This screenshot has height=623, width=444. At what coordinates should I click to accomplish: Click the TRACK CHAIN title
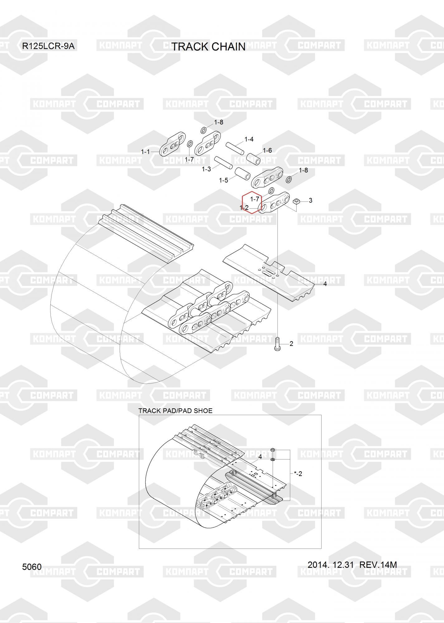coord(208,47)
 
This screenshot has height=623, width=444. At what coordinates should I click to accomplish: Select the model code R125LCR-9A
coord(48,46)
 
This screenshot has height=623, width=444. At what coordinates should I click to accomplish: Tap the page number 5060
coord(32,567)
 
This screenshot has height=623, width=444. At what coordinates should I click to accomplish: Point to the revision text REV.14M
coord(378,564)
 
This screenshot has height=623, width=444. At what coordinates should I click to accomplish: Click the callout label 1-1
coord(146,152)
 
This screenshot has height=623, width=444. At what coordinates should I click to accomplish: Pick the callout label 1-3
coord(206,169)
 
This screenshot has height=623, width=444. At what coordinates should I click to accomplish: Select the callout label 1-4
coord(249,139)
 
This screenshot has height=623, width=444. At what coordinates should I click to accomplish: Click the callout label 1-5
coord(223,180)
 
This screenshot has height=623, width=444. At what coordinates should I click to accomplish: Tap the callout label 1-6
coord(267,150)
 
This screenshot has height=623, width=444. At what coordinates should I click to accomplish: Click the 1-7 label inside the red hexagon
coord(255,199)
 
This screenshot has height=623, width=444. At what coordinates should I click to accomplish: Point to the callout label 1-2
coord(244,207)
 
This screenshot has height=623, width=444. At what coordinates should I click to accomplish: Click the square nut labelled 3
coord(297,202)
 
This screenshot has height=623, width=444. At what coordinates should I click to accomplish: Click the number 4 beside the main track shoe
coord(325,284)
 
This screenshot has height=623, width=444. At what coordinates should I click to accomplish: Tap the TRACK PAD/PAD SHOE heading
coord(175,411)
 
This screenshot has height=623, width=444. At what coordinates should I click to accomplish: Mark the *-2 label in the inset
coord(298,474)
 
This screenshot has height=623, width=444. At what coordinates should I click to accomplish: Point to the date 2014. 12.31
coord(331,564)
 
